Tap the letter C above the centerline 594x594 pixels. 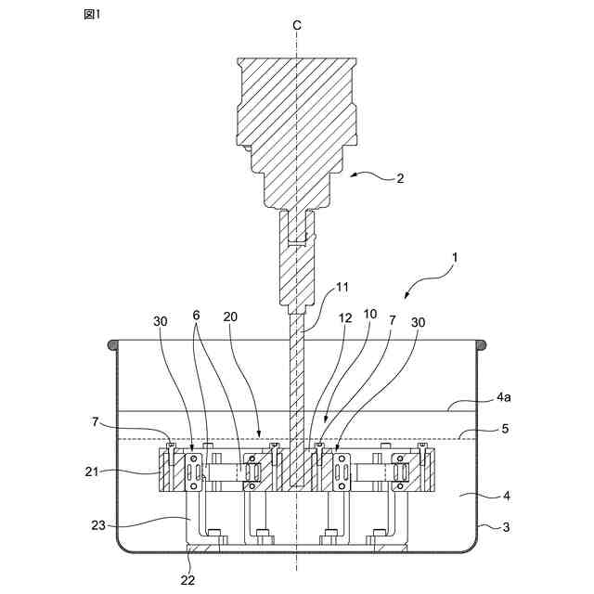coord(297,26)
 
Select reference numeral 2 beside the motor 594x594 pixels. coord(400,178)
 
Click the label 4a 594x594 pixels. coord(504,397)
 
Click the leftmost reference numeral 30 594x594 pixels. coord(161,321)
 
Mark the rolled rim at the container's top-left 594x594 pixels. coord(113,345)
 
